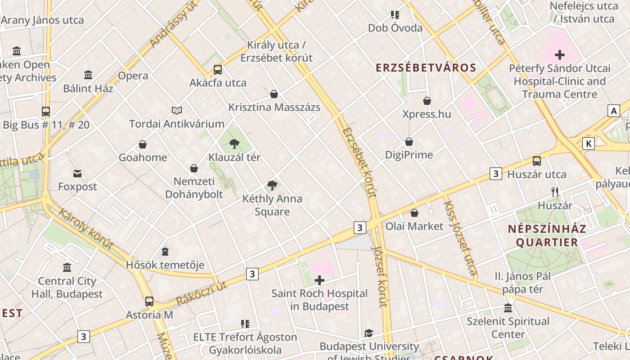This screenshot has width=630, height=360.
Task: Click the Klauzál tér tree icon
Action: coord(234,144)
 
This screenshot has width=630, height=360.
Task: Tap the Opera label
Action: coord(133,76)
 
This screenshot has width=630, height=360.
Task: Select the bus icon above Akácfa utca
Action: coord(218,69)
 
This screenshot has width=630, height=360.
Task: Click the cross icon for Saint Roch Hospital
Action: coord(319,280)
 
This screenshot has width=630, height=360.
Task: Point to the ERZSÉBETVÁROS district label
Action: coord(426,68)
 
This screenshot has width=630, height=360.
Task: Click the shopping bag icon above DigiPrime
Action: coord(409,142)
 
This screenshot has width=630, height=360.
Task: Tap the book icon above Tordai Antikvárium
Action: coord(177,110)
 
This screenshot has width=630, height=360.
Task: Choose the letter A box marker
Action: coord(613,111)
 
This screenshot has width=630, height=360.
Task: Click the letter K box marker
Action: coord(588,144)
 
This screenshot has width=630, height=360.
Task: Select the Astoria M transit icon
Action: coord(149,301)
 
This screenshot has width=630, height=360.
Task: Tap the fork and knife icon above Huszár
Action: coord(555,192)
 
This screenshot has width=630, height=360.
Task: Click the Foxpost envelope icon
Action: coord(77,173)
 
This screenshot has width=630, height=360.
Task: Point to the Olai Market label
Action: coord(414,226)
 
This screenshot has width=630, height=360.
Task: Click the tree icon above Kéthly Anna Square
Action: coord(272,185)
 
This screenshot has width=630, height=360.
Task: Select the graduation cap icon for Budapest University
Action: coord(369,333)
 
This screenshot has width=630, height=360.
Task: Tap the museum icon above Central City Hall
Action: coord(67,268)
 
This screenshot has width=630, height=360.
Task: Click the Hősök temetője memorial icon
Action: coord(165,251)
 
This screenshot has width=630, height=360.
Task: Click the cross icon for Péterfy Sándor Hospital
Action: coord(560,55)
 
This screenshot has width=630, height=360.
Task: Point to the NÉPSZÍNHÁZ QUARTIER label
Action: coord(547,235)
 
